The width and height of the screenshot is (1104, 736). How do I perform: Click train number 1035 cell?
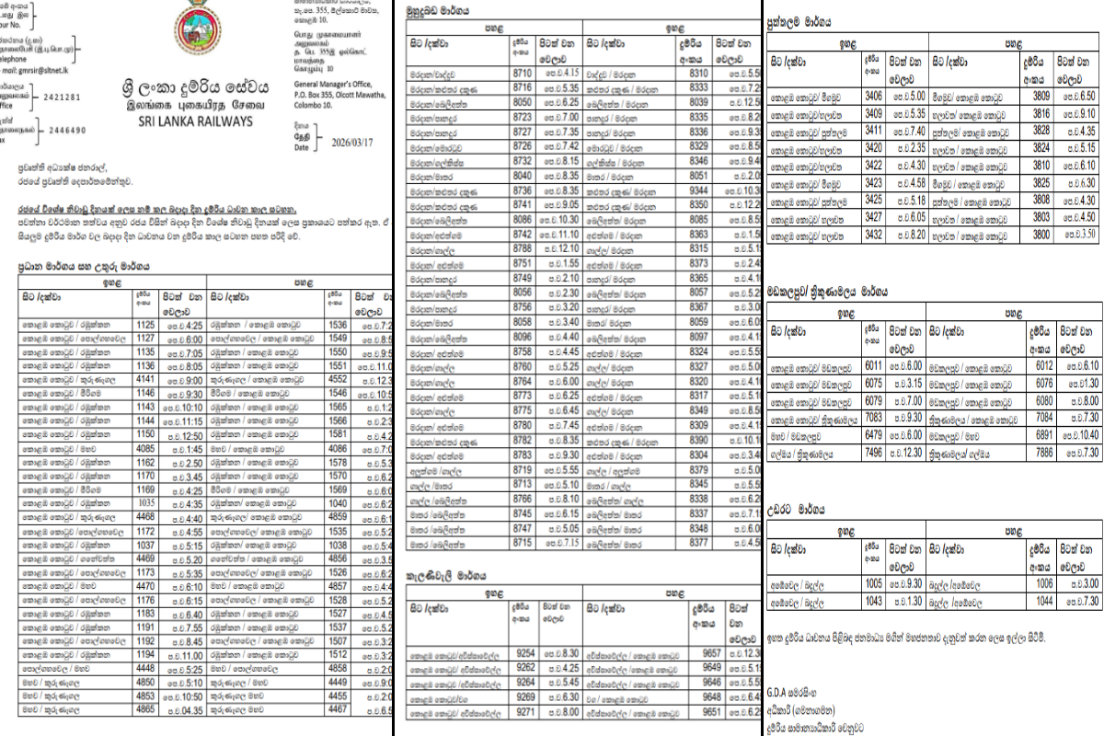[145, 503]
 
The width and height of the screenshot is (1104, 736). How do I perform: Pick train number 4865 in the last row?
[145, 710]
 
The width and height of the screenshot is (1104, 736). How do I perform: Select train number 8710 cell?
[523, 72]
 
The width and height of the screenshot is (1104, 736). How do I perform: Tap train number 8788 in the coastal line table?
[523, 248]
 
